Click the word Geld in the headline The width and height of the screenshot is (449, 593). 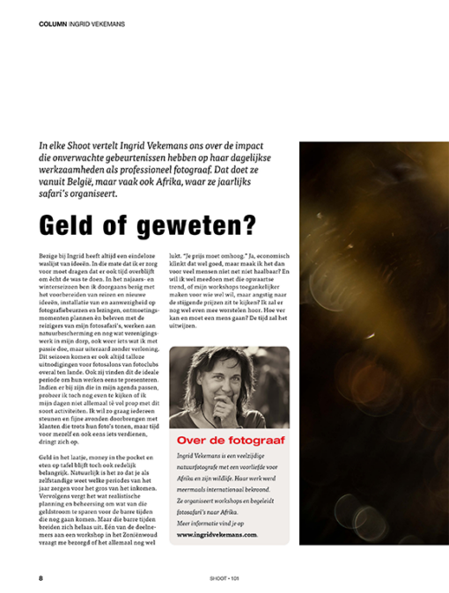point(67,224)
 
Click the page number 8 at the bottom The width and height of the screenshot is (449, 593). point(40,578)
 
